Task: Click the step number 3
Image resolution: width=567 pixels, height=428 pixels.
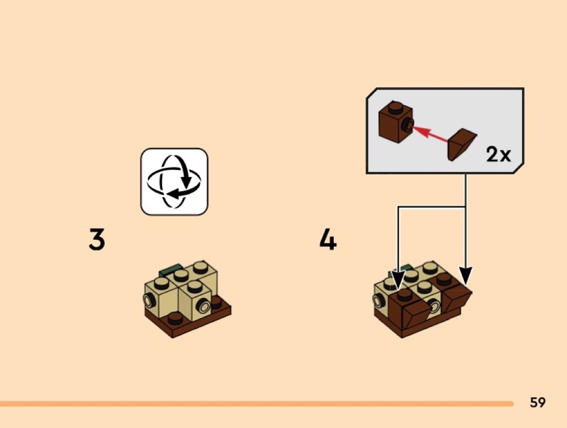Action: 97,239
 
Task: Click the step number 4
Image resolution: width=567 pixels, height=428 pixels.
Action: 328,239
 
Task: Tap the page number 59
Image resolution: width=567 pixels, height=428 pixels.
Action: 538,402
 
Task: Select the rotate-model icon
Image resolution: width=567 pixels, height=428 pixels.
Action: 174,181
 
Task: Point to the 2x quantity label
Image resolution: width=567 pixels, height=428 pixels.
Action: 498,154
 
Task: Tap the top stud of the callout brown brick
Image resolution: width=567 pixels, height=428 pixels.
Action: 396,107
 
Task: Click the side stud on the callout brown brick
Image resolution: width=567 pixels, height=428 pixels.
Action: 409,125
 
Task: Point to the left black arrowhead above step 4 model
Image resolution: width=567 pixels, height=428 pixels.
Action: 398,281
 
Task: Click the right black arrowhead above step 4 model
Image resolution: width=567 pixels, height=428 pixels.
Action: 465,275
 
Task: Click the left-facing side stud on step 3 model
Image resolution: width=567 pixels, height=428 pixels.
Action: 148,300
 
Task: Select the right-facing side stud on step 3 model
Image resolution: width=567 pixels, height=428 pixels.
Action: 203,307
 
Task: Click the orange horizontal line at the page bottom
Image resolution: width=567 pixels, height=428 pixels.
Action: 256,403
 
